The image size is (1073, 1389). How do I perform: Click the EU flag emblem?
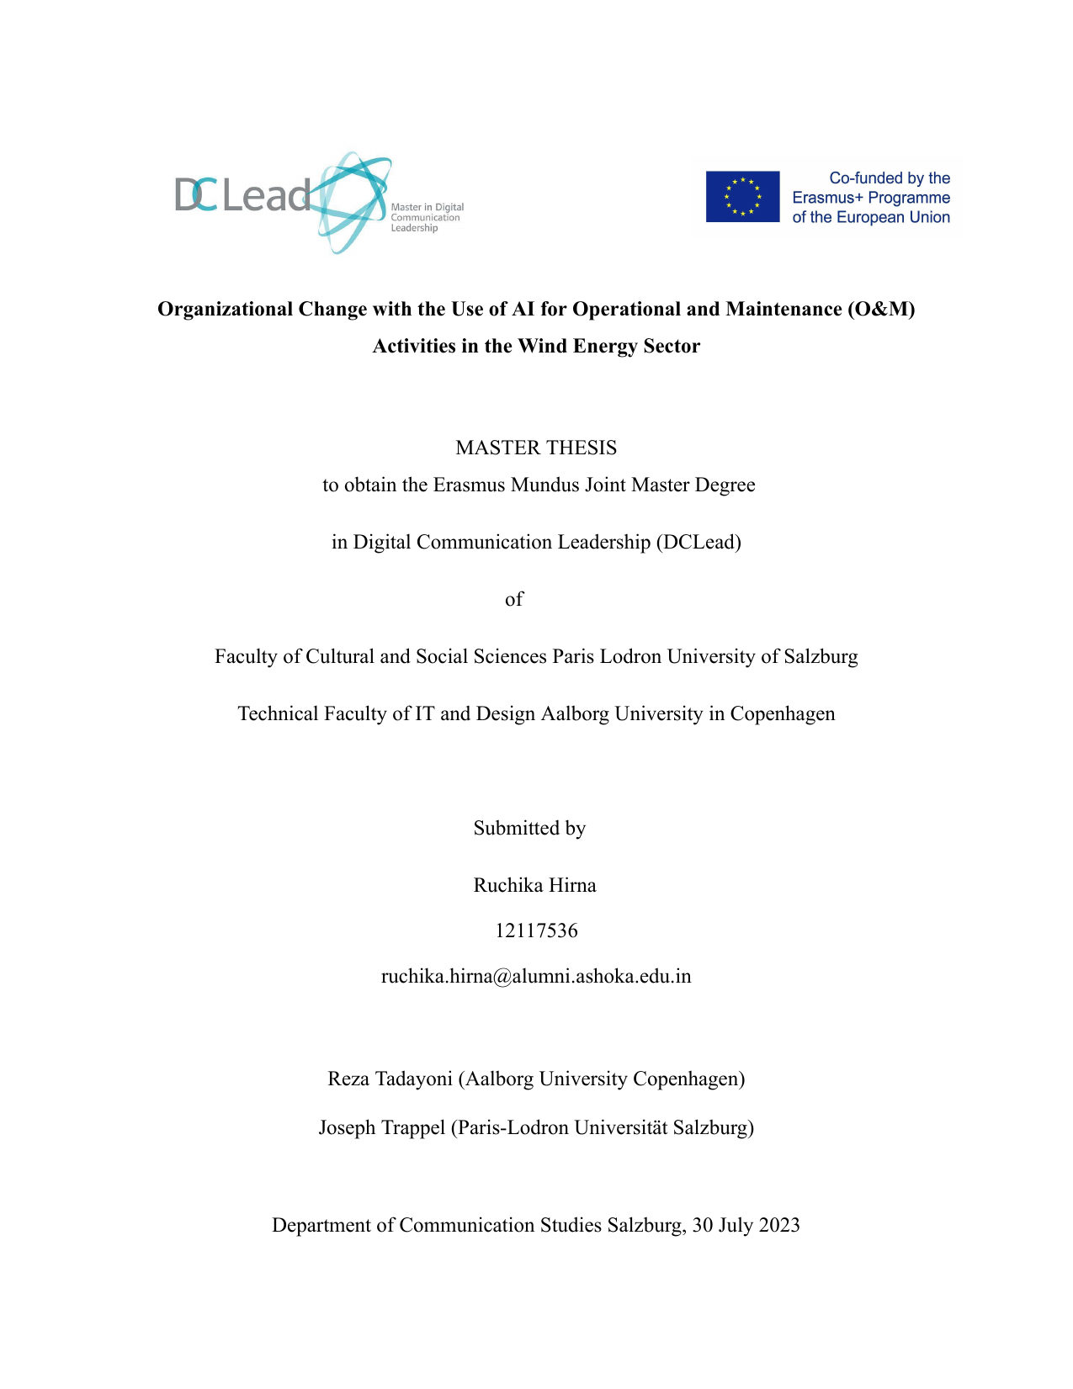tap(742, 197)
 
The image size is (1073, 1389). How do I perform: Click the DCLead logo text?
tap(242, 195)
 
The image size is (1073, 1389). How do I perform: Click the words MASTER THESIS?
tap(536, 448)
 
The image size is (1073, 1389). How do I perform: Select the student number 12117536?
tap(536, 930)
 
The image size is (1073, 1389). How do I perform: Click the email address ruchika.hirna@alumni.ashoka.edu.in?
tap(536, 976)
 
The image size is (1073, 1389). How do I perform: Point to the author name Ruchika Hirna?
tap(534, 885)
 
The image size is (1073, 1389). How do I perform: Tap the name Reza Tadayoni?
tap(390, 1079)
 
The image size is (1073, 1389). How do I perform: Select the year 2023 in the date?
tap(778, 1225)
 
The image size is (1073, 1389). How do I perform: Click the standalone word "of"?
tap(513, 599)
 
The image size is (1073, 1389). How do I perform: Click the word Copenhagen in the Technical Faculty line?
tap(783, 713)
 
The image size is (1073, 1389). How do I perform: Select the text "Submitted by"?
tap(529, 828)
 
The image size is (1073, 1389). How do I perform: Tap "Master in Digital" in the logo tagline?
tap(427, 207)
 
